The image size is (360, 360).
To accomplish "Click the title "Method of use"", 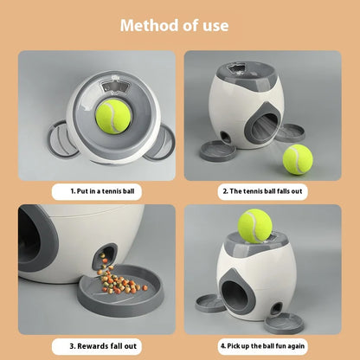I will tap(180, 24).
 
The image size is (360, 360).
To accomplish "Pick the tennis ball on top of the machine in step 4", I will tap(254, 226).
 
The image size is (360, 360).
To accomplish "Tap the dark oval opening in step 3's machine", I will tap(40, 238).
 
